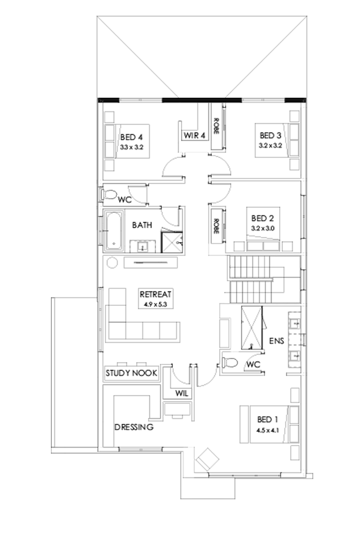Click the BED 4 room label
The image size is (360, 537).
(131, 137)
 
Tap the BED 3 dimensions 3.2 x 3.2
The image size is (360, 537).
(270, 146)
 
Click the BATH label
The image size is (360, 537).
(141, 225)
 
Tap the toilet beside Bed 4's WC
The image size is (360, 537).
(109, 194)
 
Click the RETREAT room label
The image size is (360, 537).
(157, 294)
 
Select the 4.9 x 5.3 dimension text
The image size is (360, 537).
(157, 304)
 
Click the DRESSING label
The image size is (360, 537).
(133, 427)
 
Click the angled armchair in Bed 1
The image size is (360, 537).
(208, 458)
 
